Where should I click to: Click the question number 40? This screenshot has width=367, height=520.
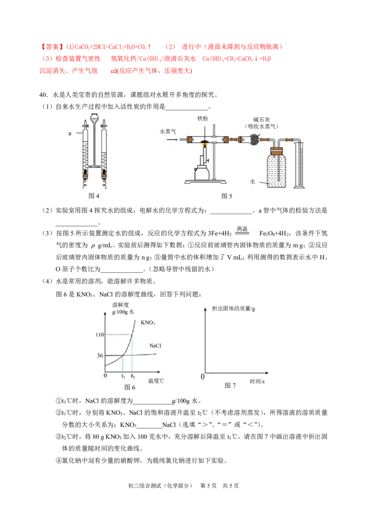[x=44, y=95]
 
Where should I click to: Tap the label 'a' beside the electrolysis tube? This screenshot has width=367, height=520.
[x=70, y=133]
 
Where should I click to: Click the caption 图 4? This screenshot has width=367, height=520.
[x=94, y=196]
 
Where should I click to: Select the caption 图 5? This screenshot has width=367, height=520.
[x=227, y=196]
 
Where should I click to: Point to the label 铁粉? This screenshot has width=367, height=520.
[x=203, y=119]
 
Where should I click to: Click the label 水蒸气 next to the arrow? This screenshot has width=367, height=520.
[x=168, y=132]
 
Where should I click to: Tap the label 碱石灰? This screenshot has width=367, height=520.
[x=261, y=119]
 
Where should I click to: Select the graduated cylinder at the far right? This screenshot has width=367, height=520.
[x=299, y=164]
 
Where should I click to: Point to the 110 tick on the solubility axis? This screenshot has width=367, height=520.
[x=100, y=334]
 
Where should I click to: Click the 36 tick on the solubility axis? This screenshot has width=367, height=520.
[x=100, y=356]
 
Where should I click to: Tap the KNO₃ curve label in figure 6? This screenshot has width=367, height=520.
[x=148, y=322]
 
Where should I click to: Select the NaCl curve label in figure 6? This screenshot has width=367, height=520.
[x=155, y=345]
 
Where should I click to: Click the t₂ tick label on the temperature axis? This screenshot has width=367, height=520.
[x=133, y=376]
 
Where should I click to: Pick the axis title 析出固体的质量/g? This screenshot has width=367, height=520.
[x=234, y=309]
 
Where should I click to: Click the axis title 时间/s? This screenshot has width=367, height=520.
[x=257, y=381]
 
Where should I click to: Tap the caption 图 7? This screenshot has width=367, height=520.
[x=230, y=385]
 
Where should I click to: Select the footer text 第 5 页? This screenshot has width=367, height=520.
[x=208, y=486]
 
